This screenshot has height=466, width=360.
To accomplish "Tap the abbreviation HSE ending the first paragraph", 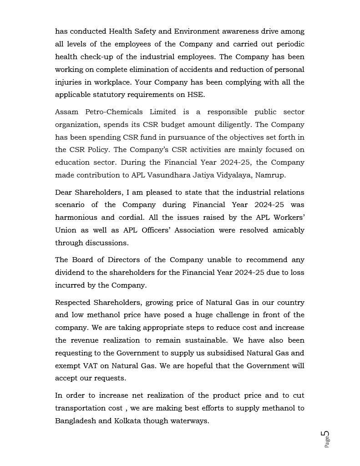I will click(197, 95).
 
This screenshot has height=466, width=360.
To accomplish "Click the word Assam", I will click(66, 112).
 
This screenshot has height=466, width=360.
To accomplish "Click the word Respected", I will click(72, 303).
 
